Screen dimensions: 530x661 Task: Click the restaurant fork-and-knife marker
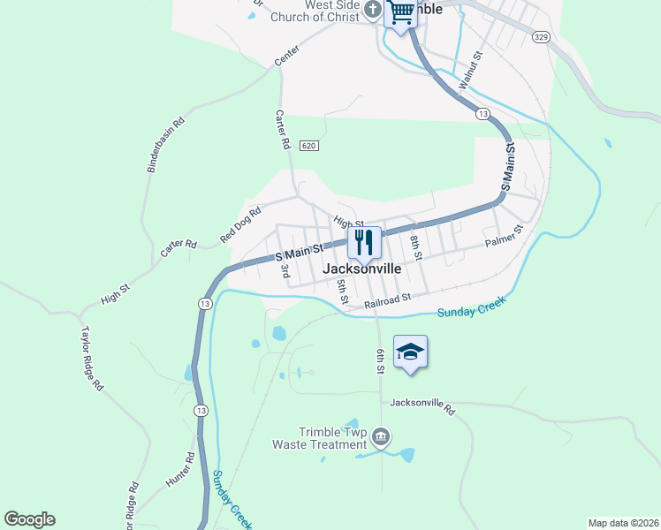point(363,243)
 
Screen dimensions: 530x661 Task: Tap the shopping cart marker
point(401,12)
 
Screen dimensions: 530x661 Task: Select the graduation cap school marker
point(409,352)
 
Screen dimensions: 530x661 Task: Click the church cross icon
point(373,11)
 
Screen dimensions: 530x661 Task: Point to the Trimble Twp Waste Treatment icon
point(382,435)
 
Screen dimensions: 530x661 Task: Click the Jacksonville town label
point(363,269)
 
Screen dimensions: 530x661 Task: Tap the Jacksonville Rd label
point(422,406)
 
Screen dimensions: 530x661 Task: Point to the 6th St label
point(380,361)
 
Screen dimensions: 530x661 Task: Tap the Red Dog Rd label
point(241,224)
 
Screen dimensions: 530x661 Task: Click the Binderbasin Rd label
point(165,144)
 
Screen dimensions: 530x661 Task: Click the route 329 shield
point(542,36)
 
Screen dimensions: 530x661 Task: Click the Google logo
point(29,519)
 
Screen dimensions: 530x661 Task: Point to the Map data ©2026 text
point(622,523)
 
